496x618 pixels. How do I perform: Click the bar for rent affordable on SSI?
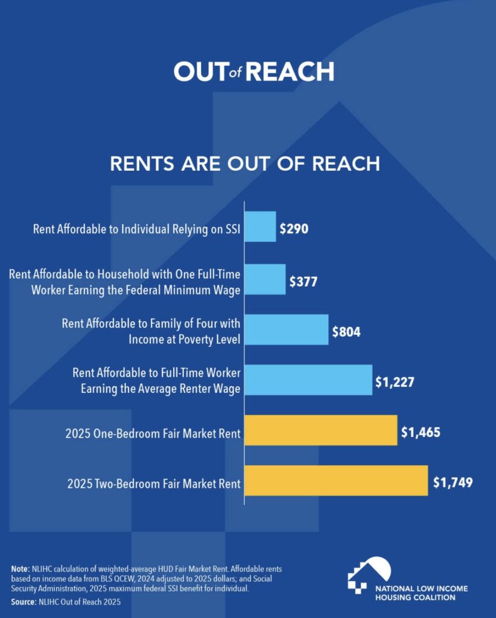coord(260,226)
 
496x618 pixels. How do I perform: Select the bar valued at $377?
coord(265,279)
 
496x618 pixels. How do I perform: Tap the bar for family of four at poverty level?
coord(286,330)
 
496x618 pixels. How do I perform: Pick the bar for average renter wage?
coord(308,380)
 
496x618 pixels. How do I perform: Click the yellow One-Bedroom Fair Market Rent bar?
coord(320,430)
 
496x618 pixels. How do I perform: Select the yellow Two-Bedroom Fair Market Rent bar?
coord(336,480)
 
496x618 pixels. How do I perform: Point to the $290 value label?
coord(294,229)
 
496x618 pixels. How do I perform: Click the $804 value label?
coord(346,332)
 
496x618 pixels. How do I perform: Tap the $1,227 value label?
coord(395,382)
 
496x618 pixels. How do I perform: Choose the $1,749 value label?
coord(453,482)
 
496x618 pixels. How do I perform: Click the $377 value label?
coord(303,281)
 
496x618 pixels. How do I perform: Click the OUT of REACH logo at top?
coord(253,72)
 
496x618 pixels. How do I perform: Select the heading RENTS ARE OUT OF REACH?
coord(245,164)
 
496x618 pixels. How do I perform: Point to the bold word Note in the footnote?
coord(21,569)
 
